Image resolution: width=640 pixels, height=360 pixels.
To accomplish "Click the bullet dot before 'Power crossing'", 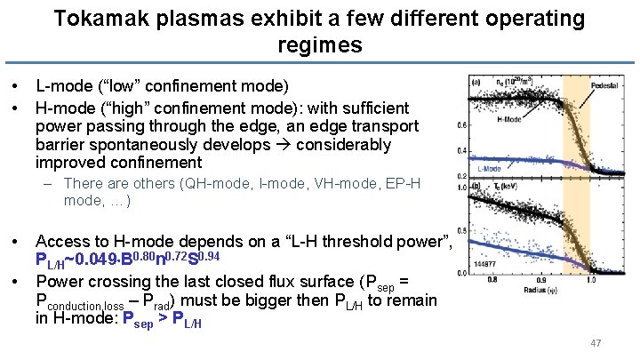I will tap(16, 282).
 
